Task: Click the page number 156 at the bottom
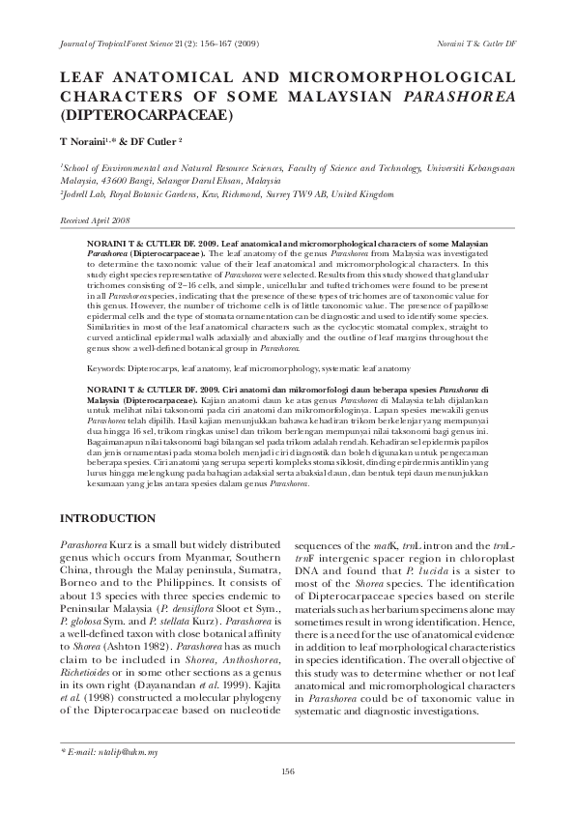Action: pos(287,770)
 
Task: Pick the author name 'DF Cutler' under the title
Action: pos(147,141)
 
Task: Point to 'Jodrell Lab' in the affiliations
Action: pos(86,193)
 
